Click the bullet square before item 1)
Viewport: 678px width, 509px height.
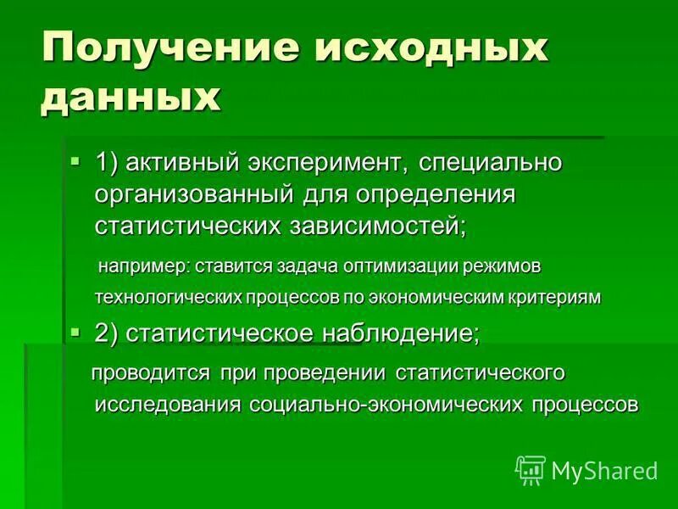point(75,159)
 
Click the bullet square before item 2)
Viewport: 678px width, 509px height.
point(75,332)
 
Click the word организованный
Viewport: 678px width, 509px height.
point(194,194)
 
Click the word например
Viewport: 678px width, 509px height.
point(145,266)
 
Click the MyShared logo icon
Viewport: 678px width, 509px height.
point(531,469)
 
